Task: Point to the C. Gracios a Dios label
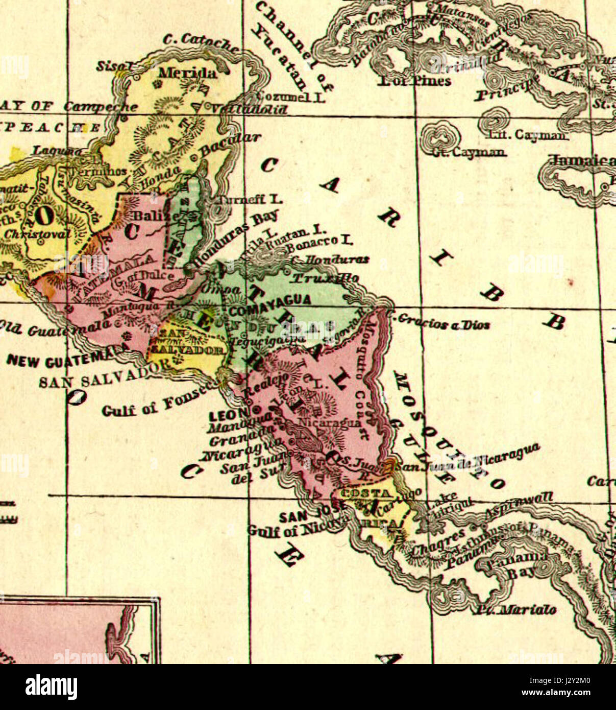point(440,322)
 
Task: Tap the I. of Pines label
point(415,81)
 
